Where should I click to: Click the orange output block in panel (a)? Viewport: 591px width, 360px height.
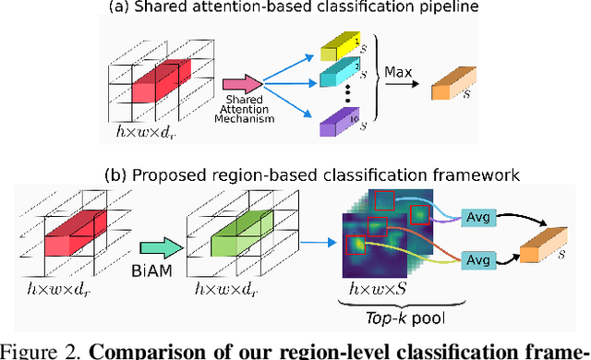tap(454, 89)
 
